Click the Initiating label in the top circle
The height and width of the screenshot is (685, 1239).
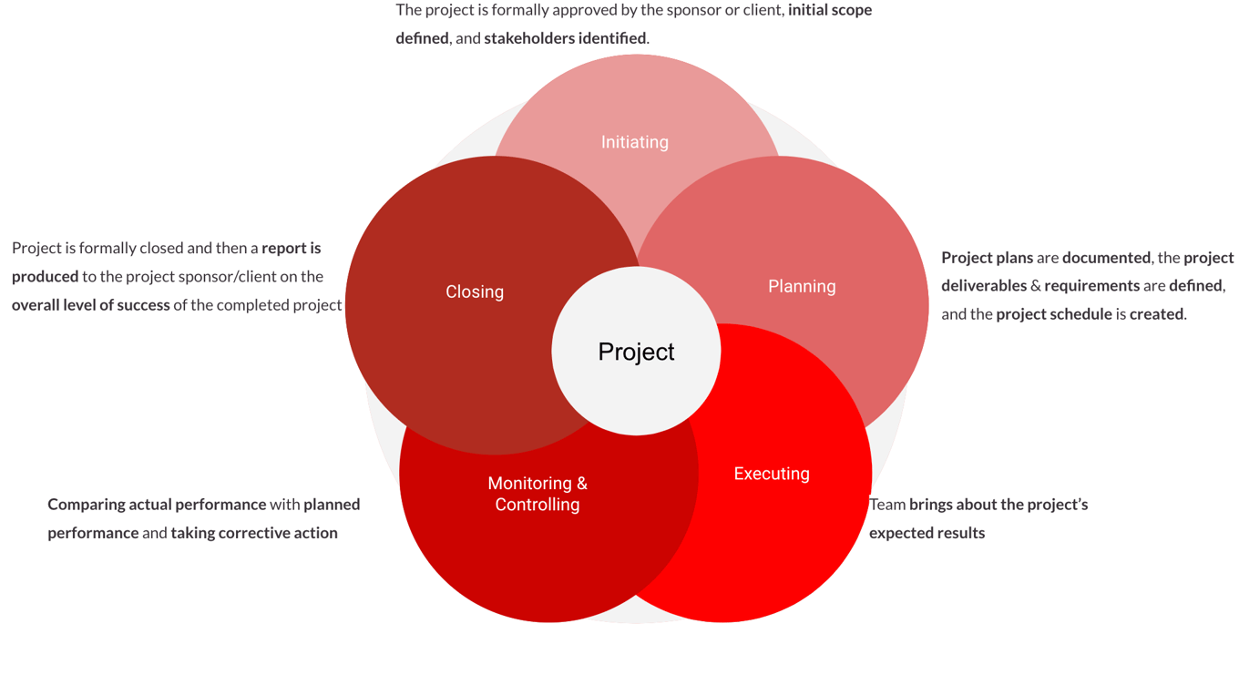(x=635, y=142)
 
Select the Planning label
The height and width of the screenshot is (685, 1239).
(x=802, y=286)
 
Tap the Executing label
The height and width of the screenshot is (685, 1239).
(x=772, y=474)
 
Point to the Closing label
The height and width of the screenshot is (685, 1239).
(x=475, y=291)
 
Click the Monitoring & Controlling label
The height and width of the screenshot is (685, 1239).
(x=538, y=494)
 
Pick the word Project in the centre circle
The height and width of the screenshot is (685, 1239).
(x=636, y=352)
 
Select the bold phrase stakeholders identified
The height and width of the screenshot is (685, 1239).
(x=565, y=38)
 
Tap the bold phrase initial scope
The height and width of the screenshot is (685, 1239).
(x=829, y=10)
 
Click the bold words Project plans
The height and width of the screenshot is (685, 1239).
(x=987, y=258)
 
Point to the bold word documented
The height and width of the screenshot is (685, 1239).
(x=1106, y=258)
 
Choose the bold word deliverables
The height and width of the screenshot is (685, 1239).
(x=984, y=286)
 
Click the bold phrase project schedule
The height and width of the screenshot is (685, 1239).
(x=1054, y=314)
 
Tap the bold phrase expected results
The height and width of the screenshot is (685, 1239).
(x=927, y=533)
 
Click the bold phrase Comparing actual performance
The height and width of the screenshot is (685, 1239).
(x=157, y=505)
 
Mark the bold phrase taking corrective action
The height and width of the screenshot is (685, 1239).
(x=254, y=533)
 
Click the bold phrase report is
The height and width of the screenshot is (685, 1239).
(x=292, y=248)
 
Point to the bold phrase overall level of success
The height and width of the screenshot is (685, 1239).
(x=91, y=305)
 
